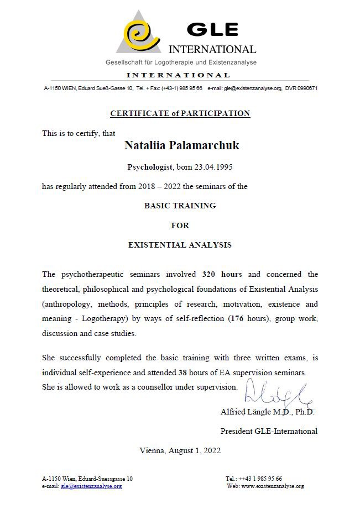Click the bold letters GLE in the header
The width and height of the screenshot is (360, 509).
click(x=212, y=29)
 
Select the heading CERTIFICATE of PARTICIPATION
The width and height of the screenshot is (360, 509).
click(x=180, y=113)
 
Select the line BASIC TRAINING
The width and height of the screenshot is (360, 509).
click(x=180, y=206)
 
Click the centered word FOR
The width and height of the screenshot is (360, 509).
click(x=180, y=225)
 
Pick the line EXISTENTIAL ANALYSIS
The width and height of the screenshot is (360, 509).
click(x=180, y=245)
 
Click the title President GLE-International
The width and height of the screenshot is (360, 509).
click(x=269, y=431)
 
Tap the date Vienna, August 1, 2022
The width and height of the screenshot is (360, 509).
click(x=180, y=450)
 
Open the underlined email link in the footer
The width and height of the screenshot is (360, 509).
click(x=91, y=486)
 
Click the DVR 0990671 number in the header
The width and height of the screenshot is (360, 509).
click(x=301, y=88)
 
